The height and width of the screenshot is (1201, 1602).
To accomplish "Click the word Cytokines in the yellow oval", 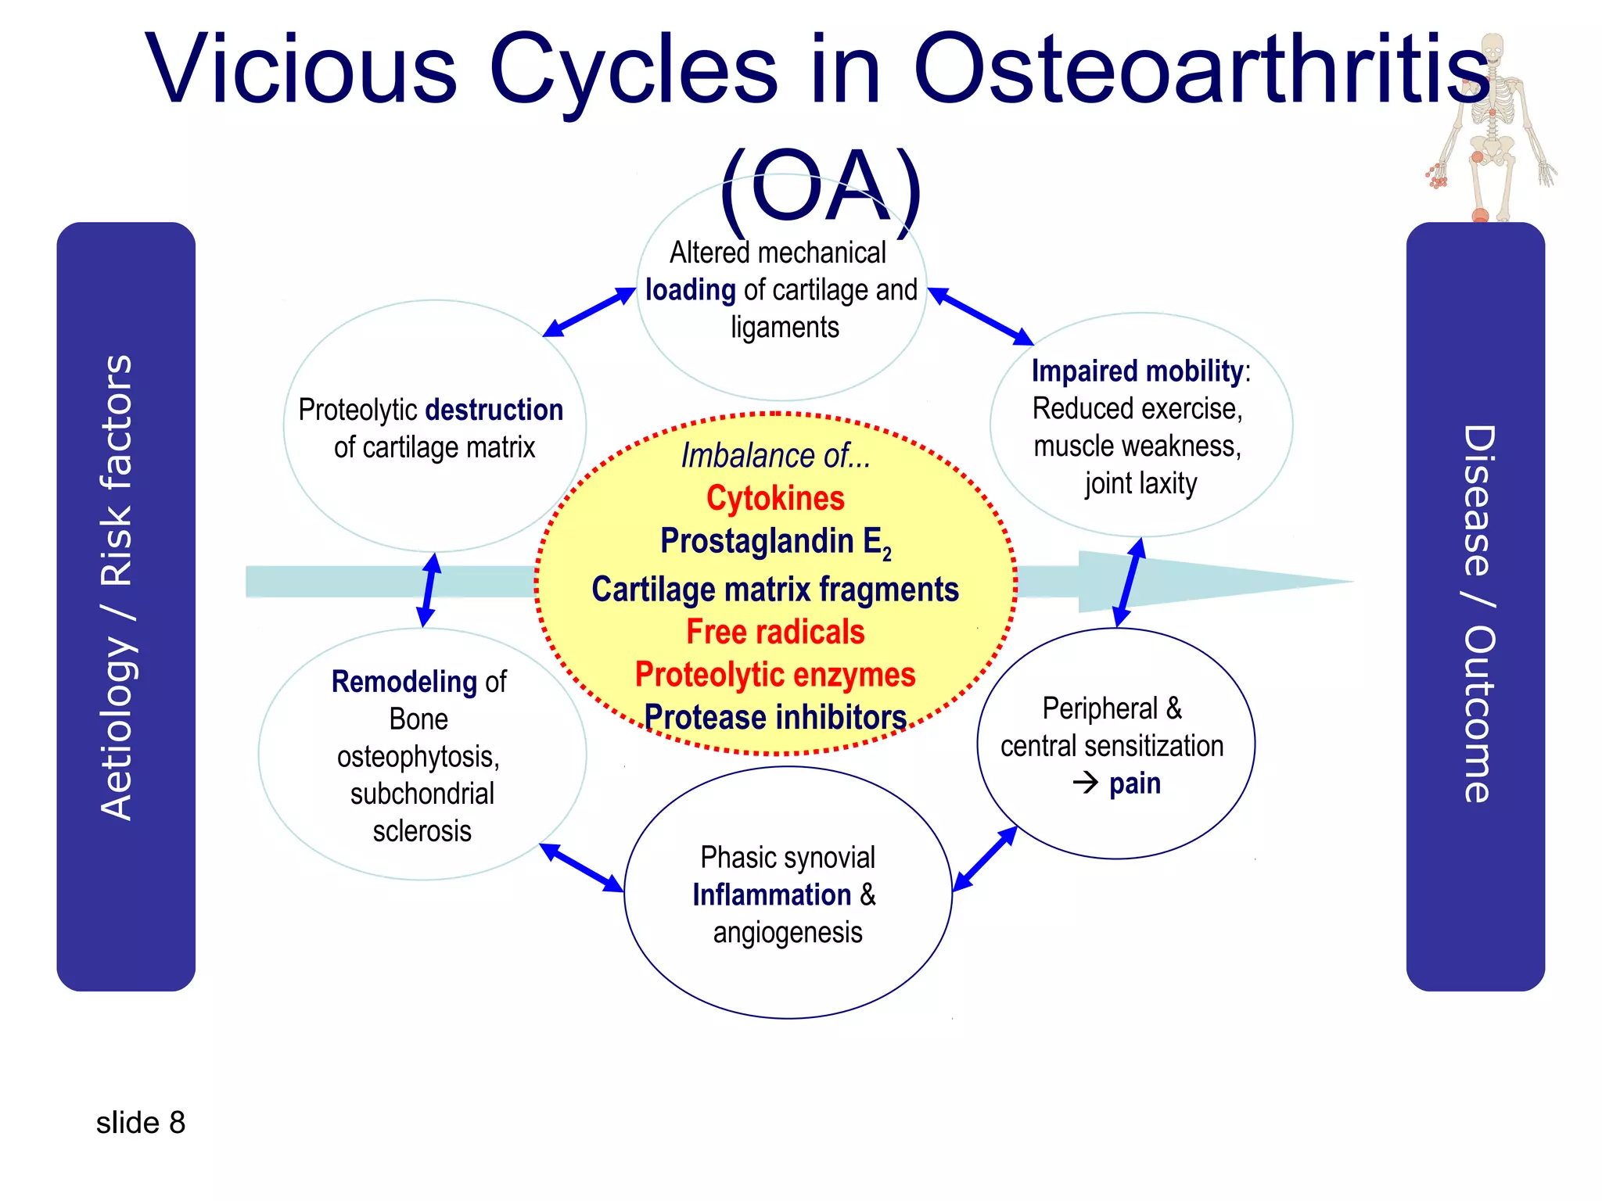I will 775,499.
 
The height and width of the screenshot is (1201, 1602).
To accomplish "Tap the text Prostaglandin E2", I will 774,542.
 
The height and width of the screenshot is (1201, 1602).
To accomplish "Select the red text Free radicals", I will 775,632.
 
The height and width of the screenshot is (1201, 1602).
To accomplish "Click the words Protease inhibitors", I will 775,717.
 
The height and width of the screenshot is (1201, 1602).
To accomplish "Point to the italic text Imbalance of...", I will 775,456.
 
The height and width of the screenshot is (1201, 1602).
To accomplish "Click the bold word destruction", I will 494,410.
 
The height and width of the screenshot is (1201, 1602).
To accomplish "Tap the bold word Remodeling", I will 404,682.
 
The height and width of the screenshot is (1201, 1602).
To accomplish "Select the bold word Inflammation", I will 771,895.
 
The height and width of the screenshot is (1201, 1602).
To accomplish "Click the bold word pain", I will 1134,783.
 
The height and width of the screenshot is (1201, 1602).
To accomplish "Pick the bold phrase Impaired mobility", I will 1137,371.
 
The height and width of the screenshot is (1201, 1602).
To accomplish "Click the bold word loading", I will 690,290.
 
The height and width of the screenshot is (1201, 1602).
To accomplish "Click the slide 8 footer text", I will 141,1123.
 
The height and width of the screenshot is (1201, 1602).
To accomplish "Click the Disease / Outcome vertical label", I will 1478,614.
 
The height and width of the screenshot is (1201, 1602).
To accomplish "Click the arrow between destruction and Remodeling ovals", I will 429,590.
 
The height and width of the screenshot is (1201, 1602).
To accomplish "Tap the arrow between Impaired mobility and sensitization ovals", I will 1130,583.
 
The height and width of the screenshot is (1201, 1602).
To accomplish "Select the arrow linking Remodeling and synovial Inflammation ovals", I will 581,868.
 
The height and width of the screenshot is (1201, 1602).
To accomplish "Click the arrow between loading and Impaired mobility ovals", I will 981,317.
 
